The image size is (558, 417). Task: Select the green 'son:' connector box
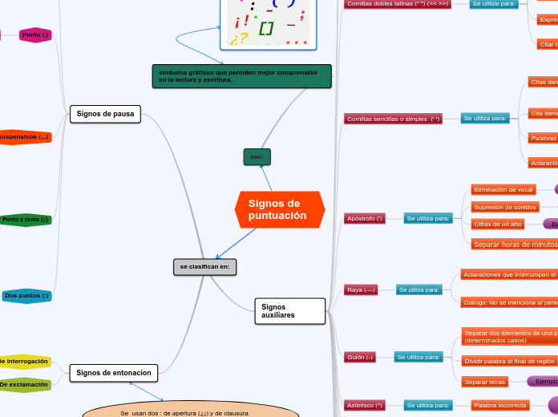pyautogui.click(x=257, y=156)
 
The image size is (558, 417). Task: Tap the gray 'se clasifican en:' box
pyautogui.click(x=204, y=266)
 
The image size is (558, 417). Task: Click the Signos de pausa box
pyautogui.click(x=105, y=115)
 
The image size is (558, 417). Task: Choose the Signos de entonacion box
pyautogui.click(x=114, y=372)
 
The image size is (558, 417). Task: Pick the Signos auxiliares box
pyautogui.click(x=290, y=311)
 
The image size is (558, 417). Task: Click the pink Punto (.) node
pyautogui.click(x=35, y=35)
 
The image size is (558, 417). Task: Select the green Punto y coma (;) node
pyautogui.click(x=26, y=219)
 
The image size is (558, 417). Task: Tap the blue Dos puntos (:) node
pyautogui.click(x=27, y=296)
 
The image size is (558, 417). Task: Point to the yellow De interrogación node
pyautogui.click(x=25, y=362)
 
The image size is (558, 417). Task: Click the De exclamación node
pyautogui.click(x=25, y=385)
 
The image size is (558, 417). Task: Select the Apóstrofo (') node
pyautogui.click(x=365, y=218)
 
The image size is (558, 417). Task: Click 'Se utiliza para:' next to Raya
pyautogui.click(x=419, y=289)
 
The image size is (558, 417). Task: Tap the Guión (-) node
pyautogui.click(x=360, y=357)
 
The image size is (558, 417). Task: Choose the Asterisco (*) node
pyautogui.click(x=363, y=406)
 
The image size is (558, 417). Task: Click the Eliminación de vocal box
pyautogui.click(x=503, y=189)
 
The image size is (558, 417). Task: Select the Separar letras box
pyautogui.click(x=485, y=382)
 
